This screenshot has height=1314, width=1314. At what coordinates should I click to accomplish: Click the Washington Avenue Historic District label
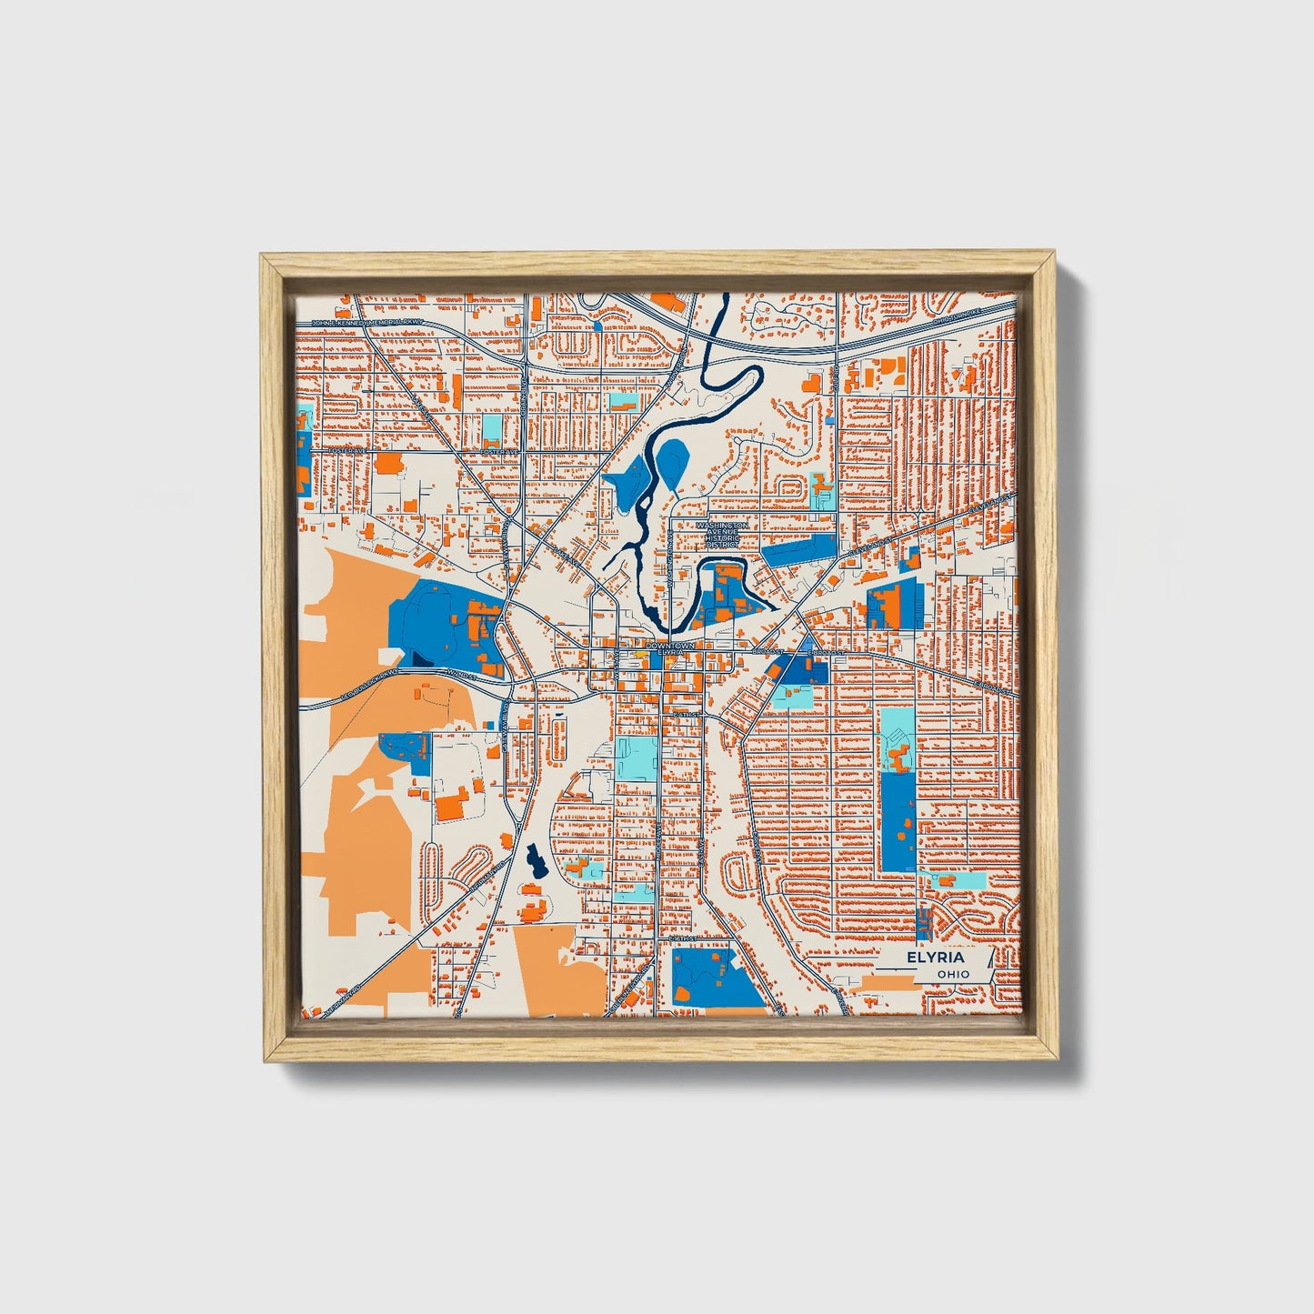[x=723, y=535]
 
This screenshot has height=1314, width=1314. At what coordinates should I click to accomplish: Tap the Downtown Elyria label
[x=670, y=649]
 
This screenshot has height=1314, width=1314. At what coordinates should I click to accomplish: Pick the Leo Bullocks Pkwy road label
[x=369, y=684]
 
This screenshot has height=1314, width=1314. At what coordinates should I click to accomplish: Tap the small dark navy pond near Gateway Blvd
[x=534, y=860]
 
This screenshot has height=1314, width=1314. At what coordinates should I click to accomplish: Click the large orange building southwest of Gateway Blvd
[x=451, y=806]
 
